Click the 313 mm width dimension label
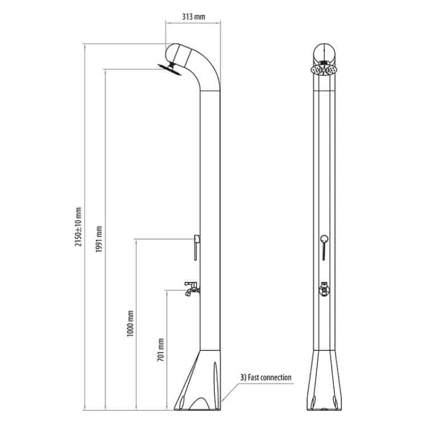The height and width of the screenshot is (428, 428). coord(193,17)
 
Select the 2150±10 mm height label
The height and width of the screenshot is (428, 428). coord(78,227)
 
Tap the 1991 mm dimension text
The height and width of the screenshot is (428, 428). coord(99,239)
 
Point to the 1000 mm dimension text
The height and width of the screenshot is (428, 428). coord(131,324)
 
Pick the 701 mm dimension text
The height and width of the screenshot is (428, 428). coord(161,350)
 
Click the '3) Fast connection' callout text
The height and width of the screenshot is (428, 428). coord(266,378)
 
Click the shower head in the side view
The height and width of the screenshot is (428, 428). coord(169,69)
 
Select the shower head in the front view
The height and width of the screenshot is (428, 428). coord(324,69)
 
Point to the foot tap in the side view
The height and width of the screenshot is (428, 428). coord(192,289)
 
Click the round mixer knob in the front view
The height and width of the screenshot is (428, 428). coord(324,239)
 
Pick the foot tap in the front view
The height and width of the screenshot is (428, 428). coord(324,289)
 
